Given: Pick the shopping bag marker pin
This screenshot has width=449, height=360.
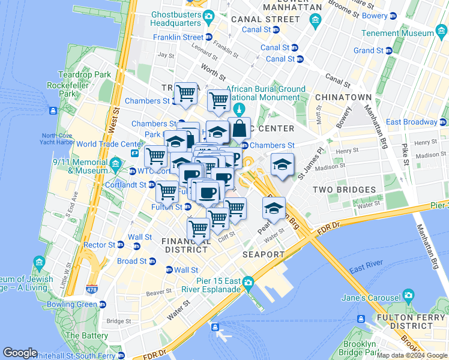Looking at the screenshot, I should pos(239,128).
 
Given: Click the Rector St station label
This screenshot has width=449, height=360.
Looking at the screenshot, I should pos(99,245).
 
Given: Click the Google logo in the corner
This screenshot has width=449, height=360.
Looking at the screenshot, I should pos(20,353).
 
